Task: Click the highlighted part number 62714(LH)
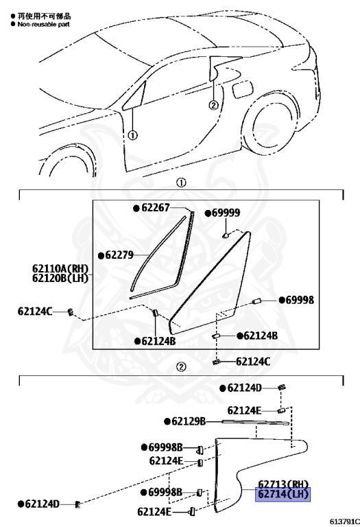283,494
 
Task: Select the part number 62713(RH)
283,484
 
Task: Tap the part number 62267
156,208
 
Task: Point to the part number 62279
119,255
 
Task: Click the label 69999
226,213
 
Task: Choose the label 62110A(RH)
60,268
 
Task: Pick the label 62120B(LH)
60,279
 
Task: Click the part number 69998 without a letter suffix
300,300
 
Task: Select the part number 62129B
189,421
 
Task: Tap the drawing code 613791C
344,522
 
